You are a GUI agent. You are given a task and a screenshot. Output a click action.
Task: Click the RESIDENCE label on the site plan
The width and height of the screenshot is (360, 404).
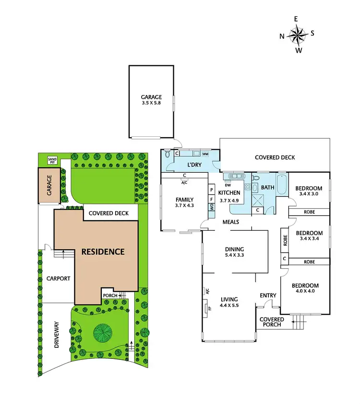click(102, 251)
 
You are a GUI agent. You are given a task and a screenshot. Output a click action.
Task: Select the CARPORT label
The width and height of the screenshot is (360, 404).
click(59, 278)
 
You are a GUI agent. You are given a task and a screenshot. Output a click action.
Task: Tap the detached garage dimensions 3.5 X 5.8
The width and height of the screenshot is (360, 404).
click(151, 103)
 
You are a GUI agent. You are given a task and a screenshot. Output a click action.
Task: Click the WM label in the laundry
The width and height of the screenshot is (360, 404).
click(205, 154)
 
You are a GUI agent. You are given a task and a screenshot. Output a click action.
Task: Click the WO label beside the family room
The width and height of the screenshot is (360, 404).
click(211, 207)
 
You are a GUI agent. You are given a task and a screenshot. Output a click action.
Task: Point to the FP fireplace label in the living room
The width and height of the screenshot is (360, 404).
click(209, 307)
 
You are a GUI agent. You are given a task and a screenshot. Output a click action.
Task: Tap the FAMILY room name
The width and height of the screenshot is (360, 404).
click(184, 200)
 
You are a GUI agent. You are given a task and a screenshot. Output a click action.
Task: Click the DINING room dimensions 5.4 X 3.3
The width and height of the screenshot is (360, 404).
click(235, 256)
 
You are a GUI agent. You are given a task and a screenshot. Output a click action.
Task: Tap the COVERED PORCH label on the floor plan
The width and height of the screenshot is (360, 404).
click(272, 322)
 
